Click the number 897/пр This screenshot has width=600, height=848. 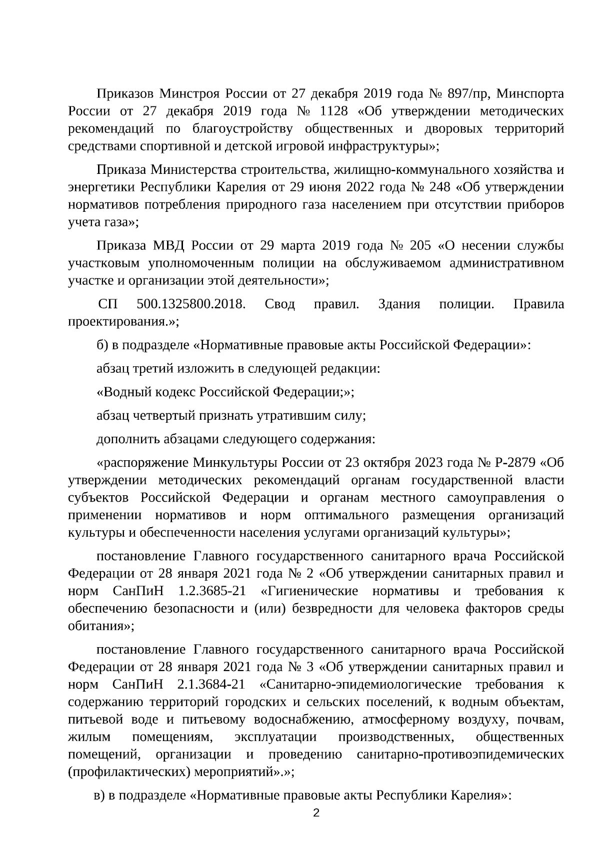[x=465, y=93]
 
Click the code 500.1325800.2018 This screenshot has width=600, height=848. [x=190, y=304]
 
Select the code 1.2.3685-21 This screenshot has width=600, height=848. [x=212, y=592]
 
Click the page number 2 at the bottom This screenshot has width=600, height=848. [x=316, y=813]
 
